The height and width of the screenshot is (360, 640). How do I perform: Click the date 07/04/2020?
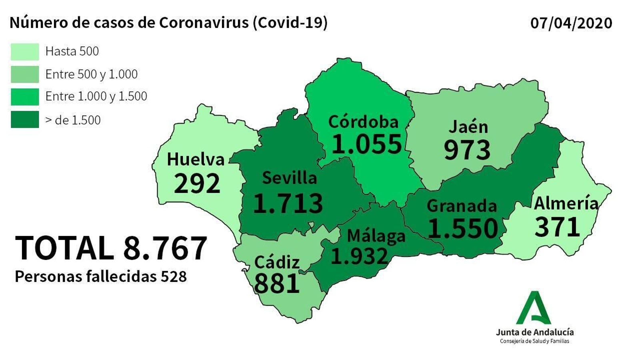[571, 23]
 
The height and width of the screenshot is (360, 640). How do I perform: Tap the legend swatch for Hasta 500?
[25, 52]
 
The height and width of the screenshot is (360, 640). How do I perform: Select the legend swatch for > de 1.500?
[25, 120]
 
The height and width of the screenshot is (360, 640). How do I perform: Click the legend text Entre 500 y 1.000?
[91, 74]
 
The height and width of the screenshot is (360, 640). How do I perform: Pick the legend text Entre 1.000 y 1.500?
[96, 96]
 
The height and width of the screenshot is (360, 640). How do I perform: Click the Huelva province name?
[196, 160]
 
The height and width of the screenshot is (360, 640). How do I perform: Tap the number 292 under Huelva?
[197, 184]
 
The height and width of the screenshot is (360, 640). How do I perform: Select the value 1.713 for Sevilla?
[288, 203]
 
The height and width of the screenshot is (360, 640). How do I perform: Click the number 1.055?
[366, 144]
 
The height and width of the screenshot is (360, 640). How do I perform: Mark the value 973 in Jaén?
[467, 150]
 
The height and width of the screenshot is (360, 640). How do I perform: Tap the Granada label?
[462, 206]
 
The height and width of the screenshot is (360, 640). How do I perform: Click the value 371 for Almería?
[557, 227]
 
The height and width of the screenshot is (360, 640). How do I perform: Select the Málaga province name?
[376, 236]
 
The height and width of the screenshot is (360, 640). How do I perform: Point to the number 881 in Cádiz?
[277, 284]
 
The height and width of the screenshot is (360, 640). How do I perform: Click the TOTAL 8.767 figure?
[111, 248]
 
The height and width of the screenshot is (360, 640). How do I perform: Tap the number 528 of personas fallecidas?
[174, 277]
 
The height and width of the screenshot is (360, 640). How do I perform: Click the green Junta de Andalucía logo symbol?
[534, 308]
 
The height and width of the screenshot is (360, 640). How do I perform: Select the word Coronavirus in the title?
[204, 23]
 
